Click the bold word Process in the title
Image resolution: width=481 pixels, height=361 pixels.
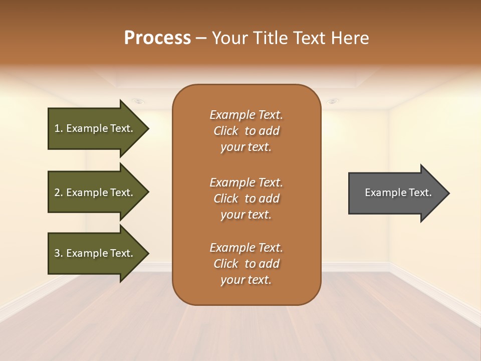pyautogui.click(x=157, y=38)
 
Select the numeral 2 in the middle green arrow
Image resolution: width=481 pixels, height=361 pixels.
pyautogui.click(x=57, y=193)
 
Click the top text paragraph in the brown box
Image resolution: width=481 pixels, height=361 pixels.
pyautogui.click(x=246, y=131)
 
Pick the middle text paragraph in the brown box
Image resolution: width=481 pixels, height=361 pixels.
pyautogui.click(x=246, y=199)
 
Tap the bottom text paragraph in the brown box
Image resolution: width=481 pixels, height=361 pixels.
pyautogui.click(x=246, y=264)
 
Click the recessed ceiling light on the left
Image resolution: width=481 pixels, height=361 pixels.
pyautogui.click(x=139, y=101)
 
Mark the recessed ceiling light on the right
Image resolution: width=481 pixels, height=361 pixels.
pyautogui.click(x=332, y=101)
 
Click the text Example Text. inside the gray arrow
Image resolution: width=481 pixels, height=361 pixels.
pyautogui.click(x=398, y=193)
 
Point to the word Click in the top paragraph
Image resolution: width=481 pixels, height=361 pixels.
pyautogui.click(x=226, y=131)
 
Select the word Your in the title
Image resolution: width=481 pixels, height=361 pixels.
pyautogui.click(x=228, y=38)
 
